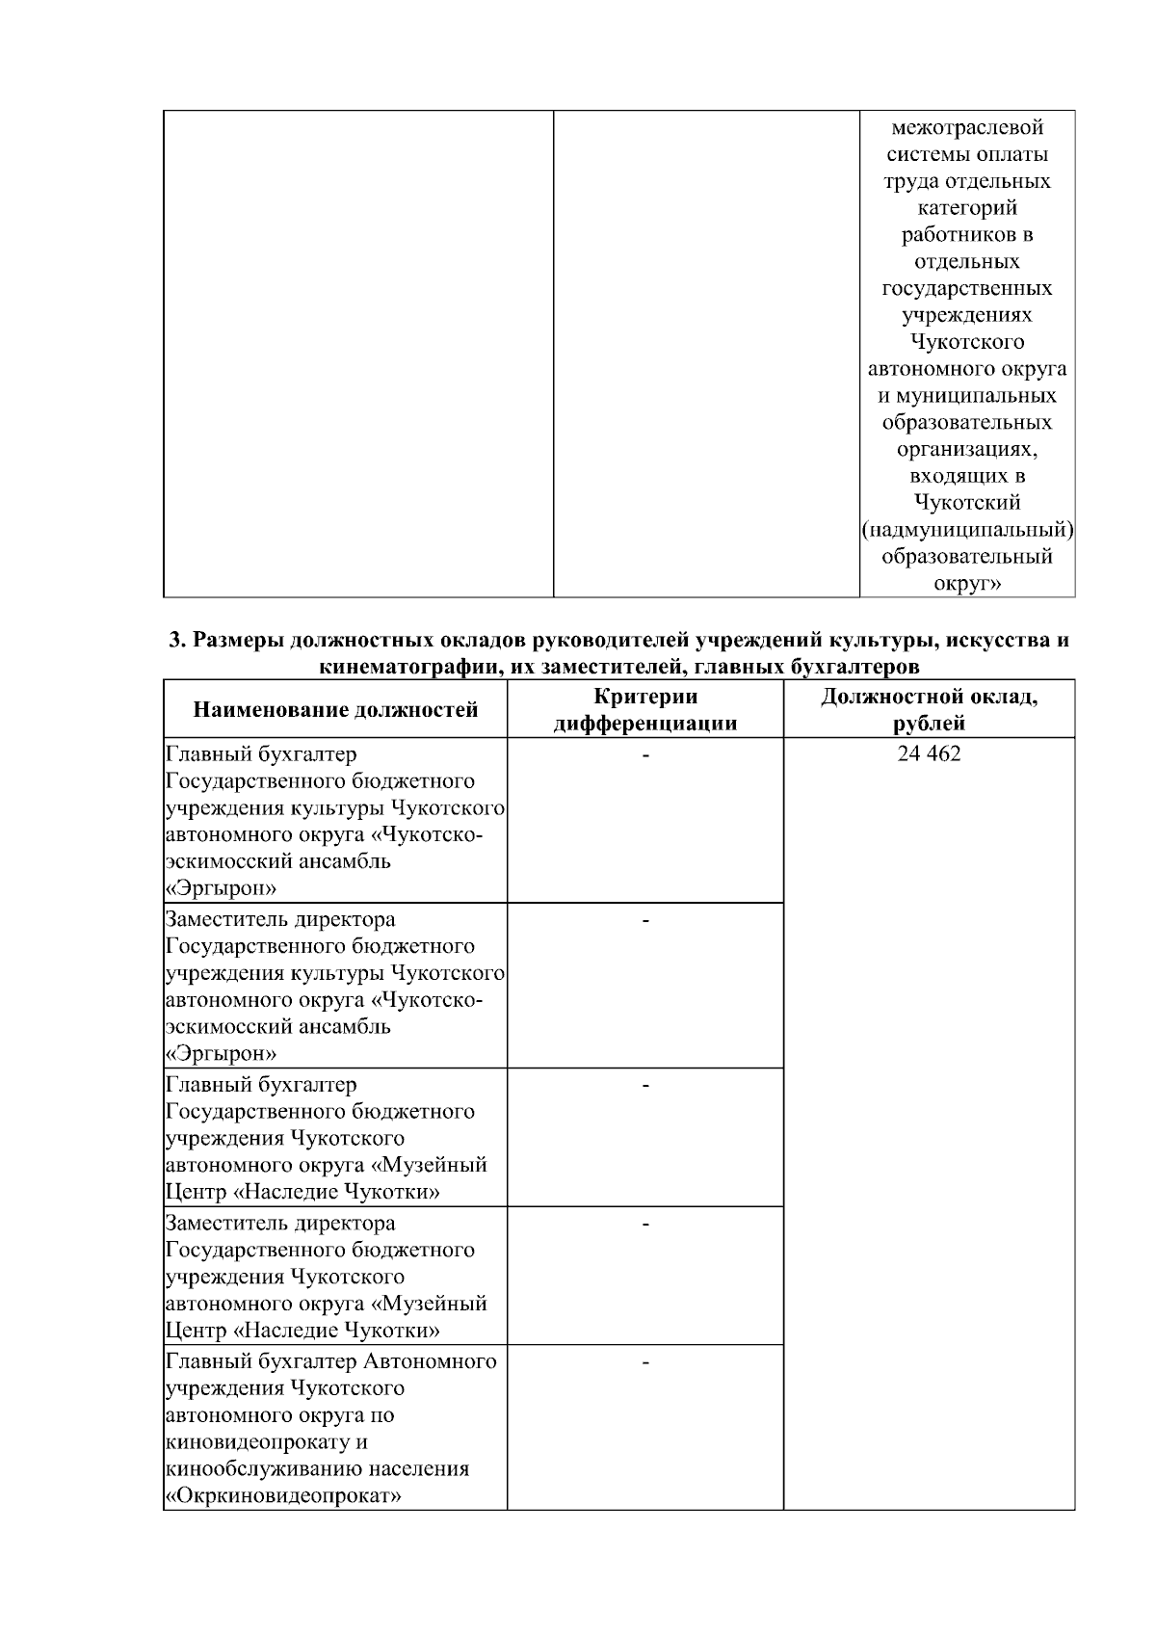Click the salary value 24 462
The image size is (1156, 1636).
pos(929,753)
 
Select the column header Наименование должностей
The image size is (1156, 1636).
pos(335,710)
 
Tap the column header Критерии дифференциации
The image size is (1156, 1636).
pos(645,710)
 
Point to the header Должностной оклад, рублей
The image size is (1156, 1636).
pos(929,710)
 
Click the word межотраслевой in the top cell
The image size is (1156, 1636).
pos(967,127)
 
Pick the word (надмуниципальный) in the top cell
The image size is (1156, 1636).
pos(967,529)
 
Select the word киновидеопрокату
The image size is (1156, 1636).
pos(253,1442)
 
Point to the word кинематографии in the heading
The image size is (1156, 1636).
pos(401,666)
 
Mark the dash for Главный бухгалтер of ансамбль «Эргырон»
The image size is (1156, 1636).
pos(645,756)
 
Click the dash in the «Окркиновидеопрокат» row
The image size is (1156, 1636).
pos(645,1362)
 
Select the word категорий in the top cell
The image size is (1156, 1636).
pos(967,207)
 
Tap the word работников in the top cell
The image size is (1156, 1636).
pos(954,234)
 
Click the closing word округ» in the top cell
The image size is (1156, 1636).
pos(967,583)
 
